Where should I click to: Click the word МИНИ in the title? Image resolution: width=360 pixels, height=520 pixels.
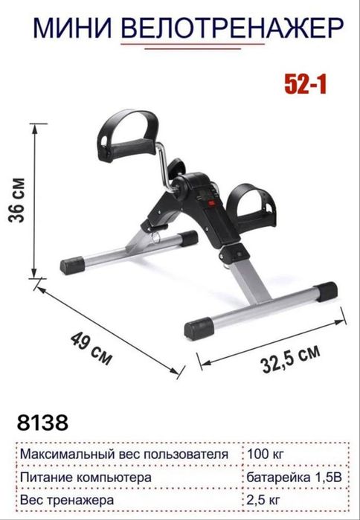click(73, 28)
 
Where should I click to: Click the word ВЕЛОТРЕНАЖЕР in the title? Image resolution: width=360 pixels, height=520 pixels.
click(232, 28)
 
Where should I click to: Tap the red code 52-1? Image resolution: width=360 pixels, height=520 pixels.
click(306, 84)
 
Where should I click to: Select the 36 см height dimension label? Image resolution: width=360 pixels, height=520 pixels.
click(17, 200)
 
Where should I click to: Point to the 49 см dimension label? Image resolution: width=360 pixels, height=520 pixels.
click(91, 349)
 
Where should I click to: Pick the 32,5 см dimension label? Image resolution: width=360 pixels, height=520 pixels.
click(291, 359)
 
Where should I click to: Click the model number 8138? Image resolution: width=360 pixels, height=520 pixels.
click(42, 423)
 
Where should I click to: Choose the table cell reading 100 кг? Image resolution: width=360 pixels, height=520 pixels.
click(266, 454)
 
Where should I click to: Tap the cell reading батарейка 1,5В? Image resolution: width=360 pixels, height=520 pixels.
click(294, 477)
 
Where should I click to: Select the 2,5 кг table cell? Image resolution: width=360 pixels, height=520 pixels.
click(263, 500)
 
